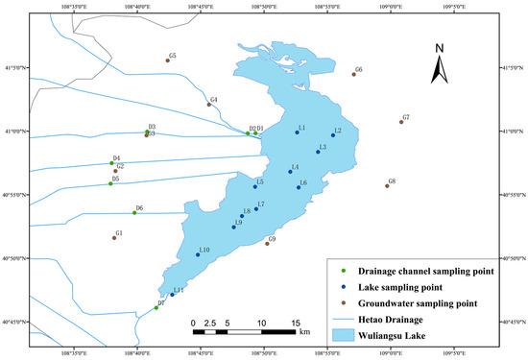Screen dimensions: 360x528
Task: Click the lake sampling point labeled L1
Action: (298, 132)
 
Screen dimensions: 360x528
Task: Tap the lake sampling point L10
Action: (198, 255)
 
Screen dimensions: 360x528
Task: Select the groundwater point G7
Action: (401, 122)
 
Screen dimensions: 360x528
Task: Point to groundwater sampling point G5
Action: (167, 60)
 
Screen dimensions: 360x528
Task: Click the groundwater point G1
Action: (114, 237)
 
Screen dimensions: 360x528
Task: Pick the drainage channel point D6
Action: (134, 212)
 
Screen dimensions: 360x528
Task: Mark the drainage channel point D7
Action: (156, 308)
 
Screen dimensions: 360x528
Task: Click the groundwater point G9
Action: (267, 244)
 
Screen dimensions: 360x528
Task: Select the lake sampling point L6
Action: (299, 188)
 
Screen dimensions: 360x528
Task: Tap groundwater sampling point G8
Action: (387, 185)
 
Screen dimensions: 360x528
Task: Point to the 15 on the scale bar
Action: (295, 323)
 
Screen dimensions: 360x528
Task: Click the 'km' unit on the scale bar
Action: (304, 332)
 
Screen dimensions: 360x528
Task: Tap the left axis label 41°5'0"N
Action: (14, 68)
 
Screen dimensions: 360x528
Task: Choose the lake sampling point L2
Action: (332, 135)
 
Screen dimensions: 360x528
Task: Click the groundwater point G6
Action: (353, 74)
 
